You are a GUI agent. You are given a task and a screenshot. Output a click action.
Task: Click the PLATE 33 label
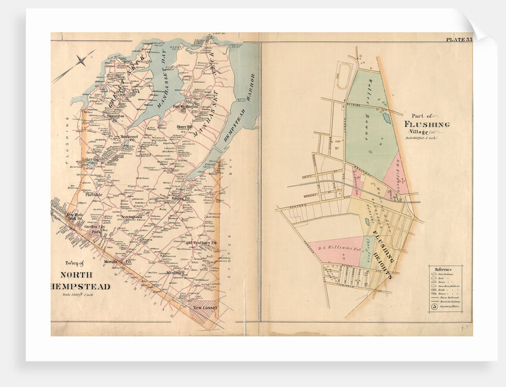(458, 40)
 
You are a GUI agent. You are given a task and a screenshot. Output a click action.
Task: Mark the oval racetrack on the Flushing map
(343, 77)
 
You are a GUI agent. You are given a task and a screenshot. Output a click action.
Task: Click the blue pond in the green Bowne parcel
(387, 118)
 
